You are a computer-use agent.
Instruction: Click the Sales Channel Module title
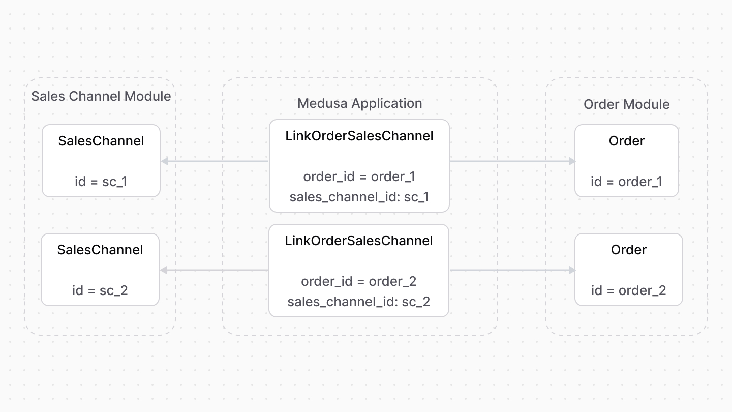tap(101, 96)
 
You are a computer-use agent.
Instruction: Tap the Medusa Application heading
tap(359, 103)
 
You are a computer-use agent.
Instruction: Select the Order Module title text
tap(626, 104)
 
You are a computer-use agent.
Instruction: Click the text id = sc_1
tap(101, 182)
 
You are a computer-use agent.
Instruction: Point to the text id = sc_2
tap(100, 290)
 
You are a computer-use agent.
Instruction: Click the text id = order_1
tap(626, 182)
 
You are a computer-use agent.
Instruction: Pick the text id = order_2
tap(628, 290)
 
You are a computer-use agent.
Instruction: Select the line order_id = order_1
tap(359, 176)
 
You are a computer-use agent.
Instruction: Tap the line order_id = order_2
tap(358, 281)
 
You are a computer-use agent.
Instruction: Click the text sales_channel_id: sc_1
tap(359, 197)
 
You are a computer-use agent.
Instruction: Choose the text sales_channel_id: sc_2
tap(358, 302)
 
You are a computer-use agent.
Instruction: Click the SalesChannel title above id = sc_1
tap(101, 141)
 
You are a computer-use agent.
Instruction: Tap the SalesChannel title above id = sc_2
tap(100, 250)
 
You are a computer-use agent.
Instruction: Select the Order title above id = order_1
tap(626, 141)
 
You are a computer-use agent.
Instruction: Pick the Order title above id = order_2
tap(628, 250)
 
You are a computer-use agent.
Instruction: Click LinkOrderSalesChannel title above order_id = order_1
tap(359, 136)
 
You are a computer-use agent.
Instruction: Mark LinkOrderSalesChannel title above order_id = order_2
tap(358, 241)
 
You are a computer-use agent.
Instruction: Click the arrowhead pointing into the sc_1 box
tap(164, 161)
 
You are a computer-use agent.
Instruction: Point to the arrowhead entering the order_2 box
tap(572, 270)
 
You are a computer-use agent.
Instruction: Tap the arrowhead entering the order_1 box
tap(572, 161)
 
